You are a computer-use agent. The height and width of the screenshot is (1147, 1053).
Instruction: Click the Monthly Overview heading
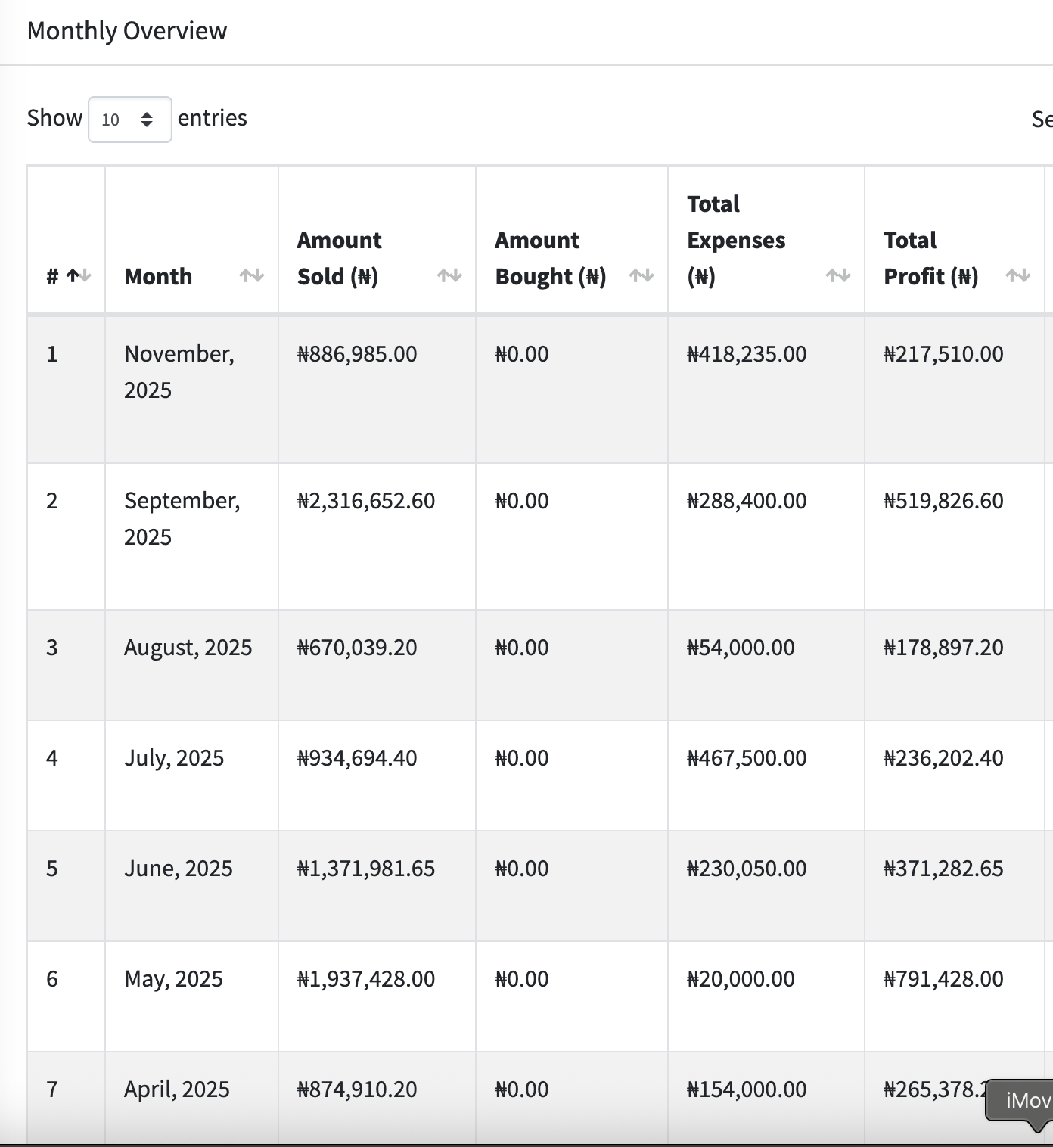click(x=126, y=31)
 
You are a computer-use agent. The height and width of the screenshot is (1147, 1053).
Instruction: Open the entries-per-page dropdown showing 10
click(x=129, y=120)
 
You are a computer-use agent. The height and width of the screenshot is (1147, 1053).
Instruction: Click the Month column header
click(x=158, y=277)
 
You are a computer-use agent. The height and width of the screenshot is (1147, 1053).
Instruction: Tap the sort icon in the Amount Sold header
click(x=449, y=276)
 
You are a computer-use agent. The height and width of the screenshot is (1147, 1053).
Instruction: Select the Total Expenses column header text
click(x=735, y=240)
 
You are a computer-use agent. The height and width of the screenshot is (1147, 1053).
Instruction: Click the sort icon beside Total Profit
click(x=1018, y=276)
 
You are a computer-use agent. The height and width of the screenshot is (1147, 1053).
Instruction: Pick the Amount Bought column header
click(x=550, y=259)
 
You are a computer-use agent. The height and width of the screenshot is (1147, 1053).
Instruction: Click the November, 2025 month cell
click(x=179, y=371)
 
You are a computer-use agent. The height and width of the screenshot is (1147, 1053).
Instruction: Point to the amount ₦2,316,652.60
click(x=366, y=501)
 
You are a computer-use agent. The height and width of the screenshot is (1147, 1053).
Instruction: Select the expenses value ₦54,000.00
click(x=741, y=648)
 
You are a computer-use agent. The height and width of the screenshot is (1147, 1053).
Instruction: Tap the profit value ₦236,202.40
click(x=943, y=758)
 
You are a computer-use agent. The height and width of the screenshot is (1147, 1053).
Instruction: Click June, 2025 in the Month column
click(x=179, y=869)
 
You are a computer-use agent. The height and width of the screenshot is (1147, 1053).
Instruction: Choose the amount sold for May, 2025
click(x=366, y=979)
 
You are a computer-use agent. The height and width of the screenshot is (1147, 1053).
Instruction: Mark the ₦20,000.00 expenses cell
click(x=741, y=979)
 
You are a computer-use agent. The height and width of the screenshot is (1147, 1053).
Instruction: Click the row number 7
click(x=52, y=1089)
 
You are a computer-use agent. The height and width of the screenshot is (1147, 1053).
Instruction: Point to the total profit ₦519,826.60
click(x=943, y=501)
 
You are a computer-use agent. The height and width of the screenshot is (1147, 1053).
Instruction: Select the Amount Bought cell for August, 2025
click(x=522, y=648)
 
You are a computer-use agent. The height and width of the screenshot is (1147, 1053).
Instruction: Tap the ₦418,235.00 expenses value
click(x=747, y=354)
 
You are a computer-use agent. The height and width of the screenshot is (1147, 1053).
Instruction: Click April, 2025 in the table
click(x=177, y=1089)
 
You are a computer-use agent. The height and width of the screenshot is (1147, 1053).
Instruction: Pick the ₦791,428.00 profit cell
click(x=943, y=979)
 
